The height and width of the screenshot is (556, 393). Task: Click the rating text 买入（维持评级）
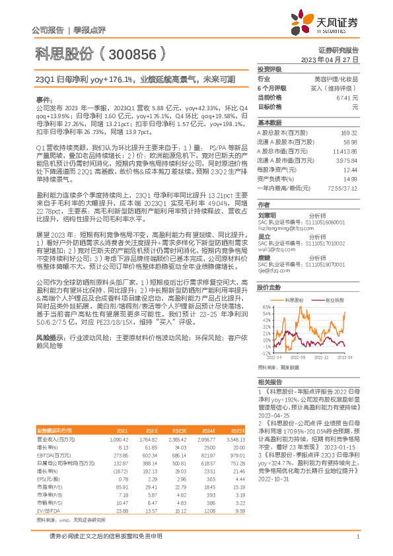tap(338, 87)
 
